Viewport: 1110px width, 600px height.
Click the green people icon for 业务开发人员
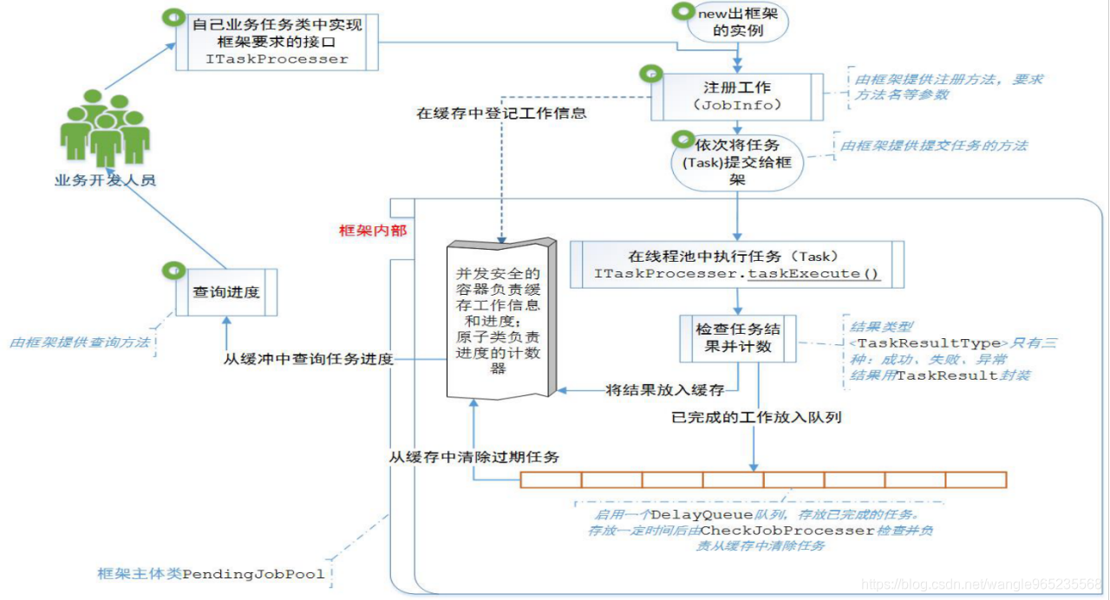tap(105, 130)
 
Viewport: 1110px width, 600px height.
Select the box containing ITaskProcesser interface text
tap(277, 42)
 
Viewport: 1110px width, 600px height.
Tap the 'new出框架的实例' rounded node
tap(738, 22)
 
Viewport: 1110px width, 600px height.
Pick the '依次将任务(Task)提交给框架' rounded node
tap(737, 162)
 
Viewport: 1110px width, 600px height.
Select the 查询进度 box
tap(225, 292)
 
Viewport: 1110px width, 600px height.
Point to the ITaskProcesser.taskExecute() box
tap(737, 264)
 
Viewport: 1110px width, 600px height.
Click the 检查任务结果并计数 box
tap(737, 338)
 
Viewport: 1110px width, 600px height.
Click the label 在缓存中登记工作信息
tap(501, 114)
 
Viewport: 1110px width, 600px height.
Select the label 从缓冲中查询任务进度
tap(308, 360)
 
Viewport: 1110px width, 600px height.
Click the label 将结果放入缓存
tap(664, 390)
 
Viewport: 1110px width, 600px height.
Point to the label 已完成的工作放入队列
tap(756, 417)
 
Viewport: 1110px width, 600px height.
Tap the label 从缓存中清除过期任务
tap(473, 456)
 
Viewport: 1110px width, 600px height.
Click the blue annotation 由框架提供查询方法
tap(80, 343)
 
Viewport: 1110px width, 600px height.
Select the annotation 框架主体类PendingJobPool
tap(212, 574)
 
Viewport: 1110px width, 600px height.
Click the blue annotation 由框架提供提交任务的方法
tap(933, 146)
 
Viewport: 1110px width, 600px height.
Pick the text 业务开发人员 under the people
tap(105, 180)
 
